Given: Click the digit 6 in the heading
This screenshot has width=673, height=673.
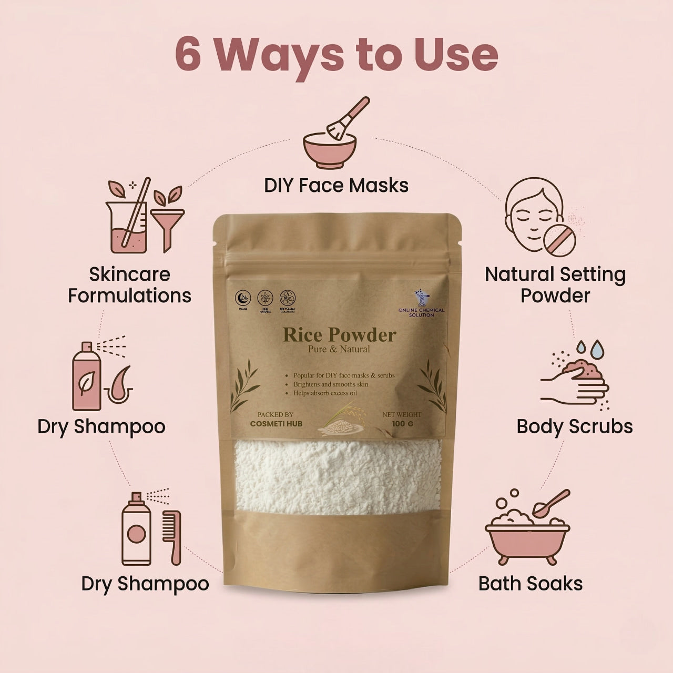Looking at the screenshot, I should tap(188, 54).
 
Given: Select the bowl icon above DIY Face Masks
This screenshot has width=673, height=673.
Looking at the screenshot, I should tap(327, 149).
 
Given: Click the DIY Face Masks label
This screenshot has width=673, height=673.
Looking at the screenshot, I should tap(336, 185).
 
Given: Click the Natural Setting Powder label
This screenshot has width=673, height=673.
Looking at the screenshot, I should tap(555, 284).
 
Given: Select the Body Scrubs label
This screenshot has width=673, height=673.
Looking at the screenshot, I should tap(575, 426).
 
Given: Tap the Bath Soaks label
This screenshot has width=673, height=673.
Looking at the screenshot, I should tap(531, 583).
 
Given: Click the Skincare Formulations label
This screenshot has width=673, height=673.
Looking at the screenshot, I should tap(129, 284).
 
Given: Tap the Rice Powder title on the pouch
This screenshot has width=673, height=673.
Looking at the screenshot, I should tap(339, 335).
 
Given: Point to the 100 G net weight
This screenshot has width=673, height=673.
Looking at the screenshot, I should tap(402, 423).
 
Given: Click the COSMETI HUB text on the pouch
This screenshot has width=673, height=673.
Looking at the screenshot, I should tap(276, 423).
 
